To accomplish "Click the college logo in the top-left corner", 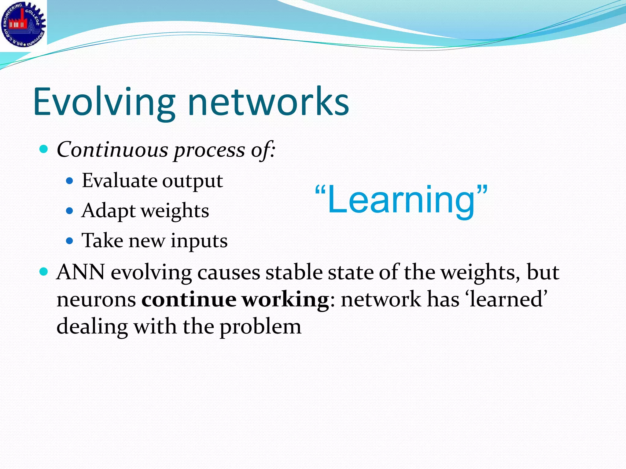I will [x=23, y=24].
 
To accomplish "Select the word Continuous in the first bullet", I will [x=112, y=150].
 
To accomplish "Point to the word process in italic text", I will [x=210, y=150].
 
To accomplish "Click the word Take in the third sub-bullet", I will [x=102, y=241].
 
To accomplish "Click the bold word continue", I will [x=189, y=299].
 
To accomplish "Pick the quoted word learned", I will [x=506, y=299].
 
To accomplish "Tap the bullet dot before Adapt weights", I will [x=70, y=211].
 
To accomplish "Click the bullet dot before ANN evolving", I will [x=44, y=271].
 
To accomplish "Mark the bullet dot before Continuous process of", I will [x=44, y=149].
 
